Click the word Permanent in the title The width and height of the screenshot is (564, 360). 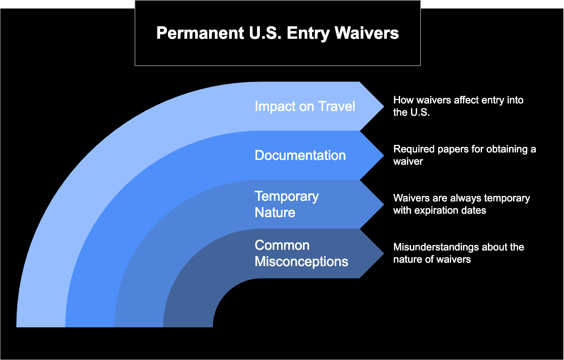click(x=200, y=33)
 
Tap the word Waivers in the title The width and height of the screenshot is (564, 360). click(x=366, y=33)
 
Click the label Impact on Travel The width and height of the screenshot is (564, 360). click(x=305, y=106)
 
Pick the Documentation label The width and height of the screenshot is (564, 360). click(x=300, y=155)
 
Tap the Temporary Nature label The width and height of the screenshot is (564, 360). click(x=287, y=204)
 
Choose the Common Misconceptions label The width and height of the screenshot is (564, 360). click(x=302, y=253)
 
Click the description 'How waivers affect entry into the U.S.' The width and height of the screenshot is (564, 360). click(x=458, y=106)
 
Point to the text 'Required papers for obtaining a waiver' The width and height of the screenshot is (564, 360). click(x=464, y=155)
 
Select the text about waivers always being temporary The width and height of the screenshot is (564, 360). click(x=462, y=204)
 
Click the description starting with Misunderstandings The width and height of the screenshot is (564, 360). click(x=459, y=253)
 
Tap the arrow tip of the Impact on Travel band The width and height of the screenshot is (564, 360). click(x=384, y=106)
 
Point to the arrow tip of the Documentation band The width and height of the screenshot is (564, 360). click(x=384, y=156)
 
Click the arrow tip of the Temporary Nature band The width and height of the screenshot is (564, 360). click(x=384, y=204)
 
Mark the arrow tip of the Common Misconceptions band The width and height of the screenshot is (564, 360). click(x=384, y=253)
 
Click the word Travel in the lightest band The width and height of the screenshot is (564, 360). click(x=337, y=106)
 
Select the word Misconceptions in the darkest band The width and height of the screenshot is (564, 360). click(x=302, y=262)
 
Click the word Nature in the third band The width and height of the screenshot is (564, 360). click(x=275, y=212)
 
